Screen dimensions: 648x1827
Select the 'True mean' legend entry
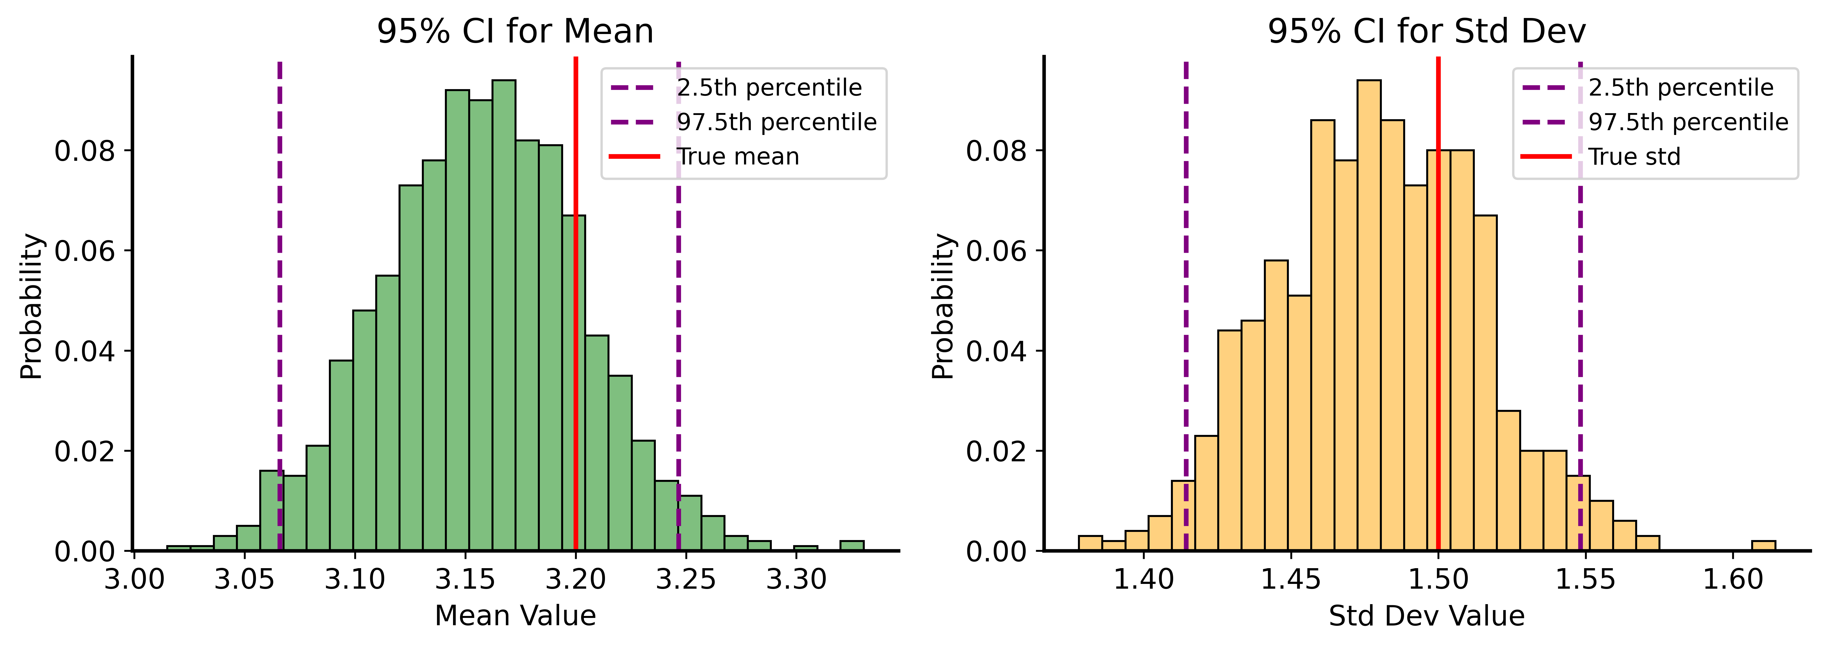click(738, 156)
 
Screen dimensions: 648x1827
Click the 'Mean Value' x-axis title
click(515, 615)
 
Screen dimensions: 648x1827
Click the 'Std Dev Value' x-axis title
click(1426, 615)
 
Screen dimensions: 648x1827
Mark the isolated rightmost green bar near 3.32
click(852, 546)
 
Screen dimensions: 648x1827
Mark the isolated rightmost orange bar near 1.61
click(1763, 546)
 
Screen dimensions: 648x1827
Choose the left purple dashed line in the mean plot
click(279, 284)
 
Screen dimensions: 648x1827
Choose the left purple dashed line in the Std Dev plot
click(1186, 284)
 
